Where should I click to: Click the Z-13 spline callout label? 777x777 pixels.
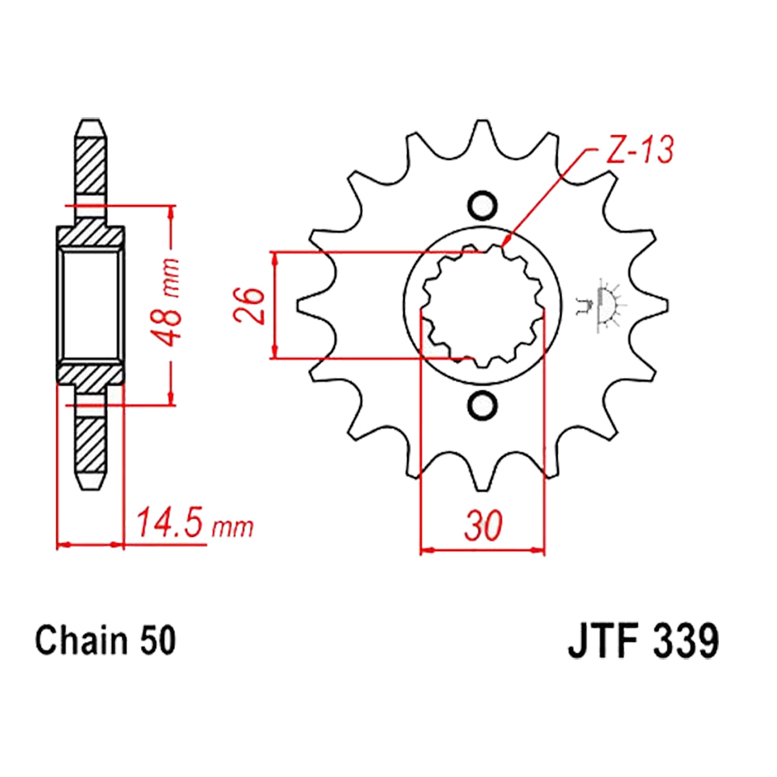pos(639,150)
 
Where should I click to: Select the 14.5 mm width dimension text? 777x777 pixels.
pos(194,523)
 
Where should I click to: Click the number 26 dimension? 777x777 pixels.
pos(249,305)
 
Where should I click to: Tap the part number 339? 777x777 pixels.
pos(685,642)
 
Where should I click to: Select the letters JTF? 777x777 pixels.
pos(609,642)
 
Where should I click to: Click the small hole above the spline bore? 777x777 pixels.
pos(483,205)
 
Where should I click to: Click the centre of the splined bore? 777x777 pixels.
pos(483,305)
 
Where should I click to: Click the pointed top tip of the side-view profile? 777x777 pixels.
pos(90,120)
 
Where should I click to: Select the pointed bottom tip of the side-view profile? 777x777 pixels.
pos(90,490)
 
